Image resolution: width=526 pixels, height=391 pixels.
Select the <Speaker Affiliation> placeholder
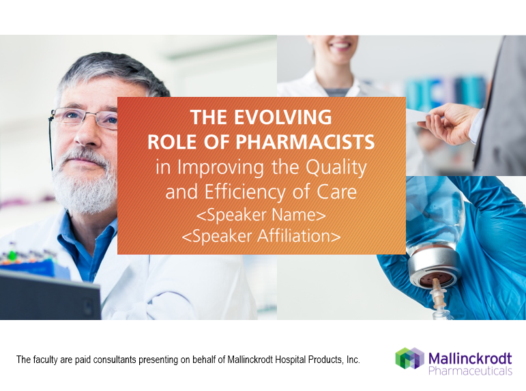coord(261,236)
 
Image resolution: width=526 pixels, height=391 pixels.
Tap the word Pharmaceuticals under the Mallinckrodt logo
coord(471,371)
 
